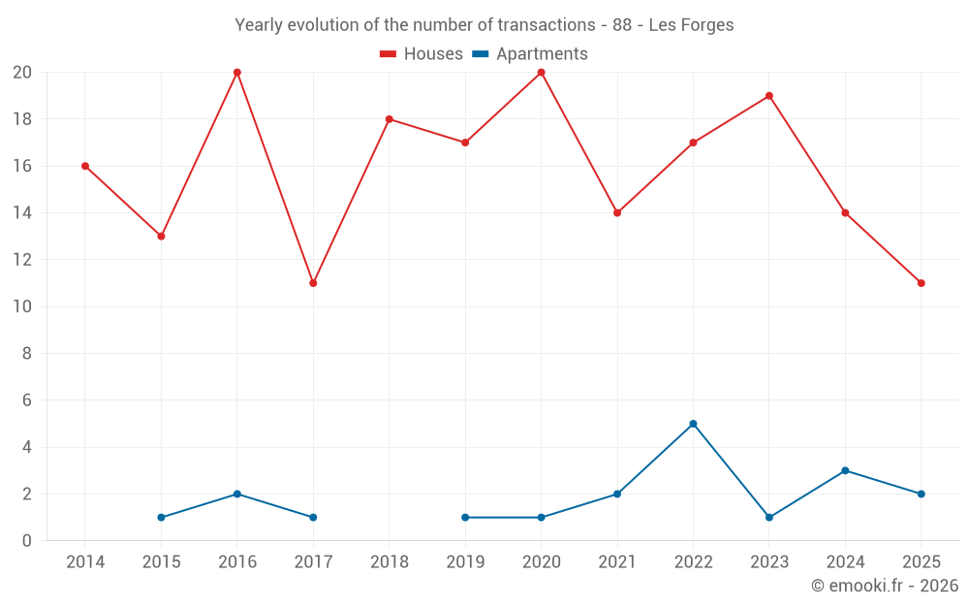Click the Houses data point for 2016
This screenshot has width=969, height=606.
tap(237, 73)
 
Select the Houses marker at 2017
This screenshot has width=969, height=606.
tap(313, 283)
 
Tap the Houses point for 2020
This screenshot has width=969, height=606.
tap(541, 73)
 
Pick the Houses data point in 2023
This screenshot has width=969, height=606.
tap(769, 96)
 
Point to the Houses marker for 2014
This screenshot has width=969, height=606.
tap(85, 166)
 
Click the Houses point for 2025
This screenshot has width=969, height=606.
tap(922, 283)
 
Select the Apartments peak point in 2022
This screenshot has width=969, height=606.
tap(693, 424)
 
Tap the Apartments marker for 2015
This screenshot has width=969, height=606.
tap(161, 518)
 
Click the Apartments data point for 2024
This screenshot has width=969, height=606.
tap(845, 470)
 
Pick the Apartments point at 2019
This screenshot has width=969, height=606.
tap(465, 518)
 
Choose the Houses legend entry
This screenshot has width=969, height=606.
tap(422, 54)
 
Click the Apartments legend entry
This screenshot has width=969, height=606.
tap(530, 54)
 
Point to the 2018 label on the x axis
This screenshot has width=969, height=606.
tap(390, 562)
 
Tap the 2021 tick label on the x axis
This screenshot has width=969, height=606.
tap(617, 562)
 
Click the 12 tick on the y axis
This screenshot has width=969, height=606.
tap(22, 260)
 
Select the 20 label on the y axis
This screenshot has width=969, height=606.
tap(22, 73)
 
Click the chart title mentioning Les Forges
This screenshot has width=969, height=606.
tap(484, 25)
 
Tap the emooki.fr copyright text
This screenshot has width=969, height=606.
tap(884, 586)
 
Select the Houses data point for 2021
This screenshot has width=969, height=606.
tap(617, 213)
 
